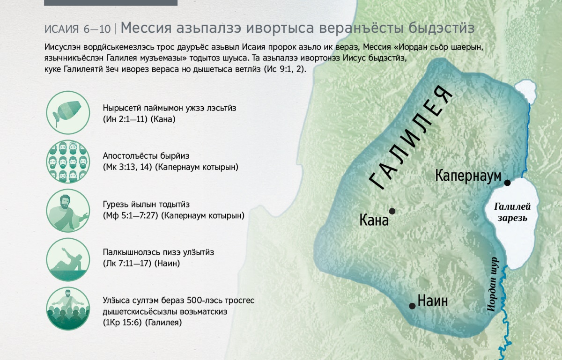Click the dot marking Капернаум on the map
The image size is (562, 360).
(507, 183)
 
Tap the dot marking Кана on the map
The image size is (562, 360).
(392, 211)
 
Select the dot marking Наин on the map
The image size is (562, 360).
(412, 306)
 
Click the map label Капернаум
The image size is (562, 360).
(468, 176)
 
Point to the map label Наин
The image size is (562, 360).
(433, 301)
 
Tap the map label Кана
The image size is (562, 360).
(374, 220)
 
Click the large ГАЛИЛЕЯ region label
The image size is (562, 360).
(411, 138)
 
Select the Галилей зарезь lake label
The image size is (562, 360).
(512, 212)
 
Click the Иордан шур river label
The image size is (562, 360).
(492, 284)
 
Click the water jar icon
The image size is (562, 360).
(68, 113)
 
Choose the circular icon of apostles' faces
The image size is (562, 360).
(68, 162)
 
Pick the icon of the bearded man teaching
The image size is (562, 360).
(68, 210)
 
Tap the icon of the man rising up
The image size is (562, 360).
(68, 259)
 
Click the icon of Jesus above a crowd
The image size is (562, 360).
(68, 309)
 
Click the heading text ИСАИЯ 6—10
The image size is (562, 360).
(78, 29)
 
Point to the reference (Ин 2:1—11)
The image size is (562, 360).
(125, 119)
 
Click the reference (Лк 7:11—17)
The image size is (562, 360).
(127, 264)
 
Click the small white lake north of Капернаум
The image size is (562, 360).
(525, 90)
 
